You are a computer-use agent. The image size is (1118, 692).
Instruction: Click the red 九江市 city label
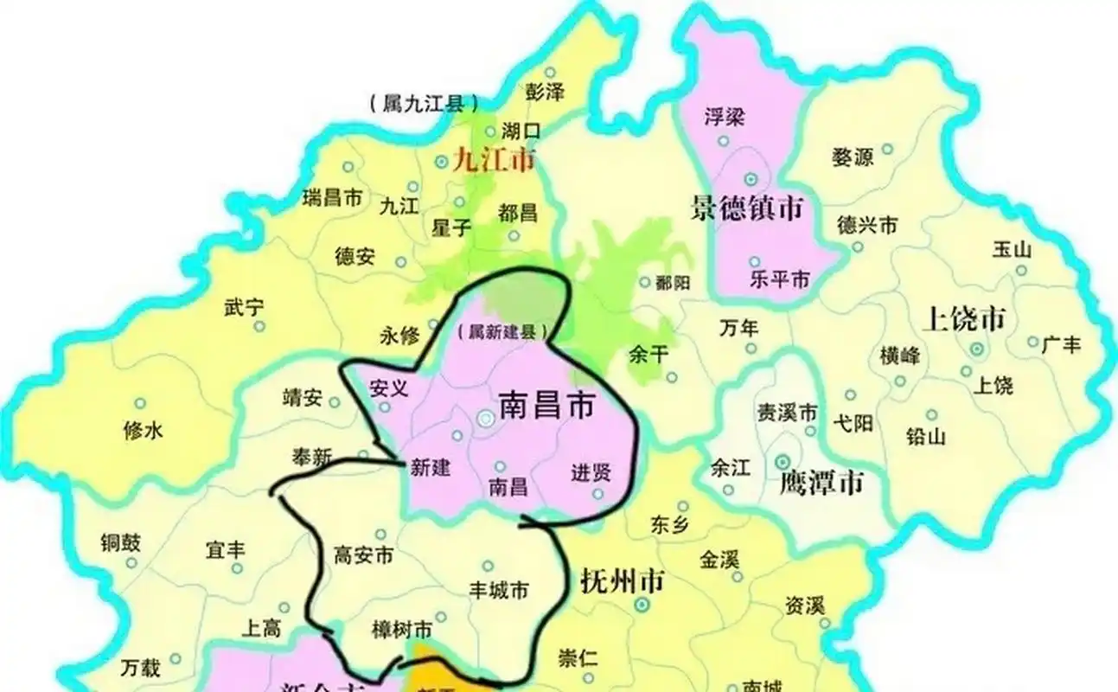point(494,160)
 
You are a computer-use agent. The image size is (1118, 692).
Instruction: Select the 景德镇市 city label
point(747,208)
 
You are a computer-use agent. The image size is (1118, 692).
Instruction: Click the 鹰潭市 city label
point(821,483)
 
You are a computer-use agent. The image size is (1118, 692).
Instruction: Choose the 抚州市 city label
point(623,580)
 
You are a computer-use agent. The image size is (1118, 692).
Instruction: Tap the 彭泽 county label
point(545,91)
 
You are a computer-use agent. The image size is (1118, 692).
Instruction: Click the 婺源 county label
point(852,157)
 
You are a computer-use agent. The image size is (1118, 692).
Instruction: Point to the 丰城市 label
point(498,591)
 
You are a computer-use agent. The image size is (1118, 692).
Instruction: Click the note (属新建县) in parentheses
point(503,332)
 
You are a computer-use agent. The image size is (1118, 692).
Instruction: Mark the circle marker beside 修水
point(139,404)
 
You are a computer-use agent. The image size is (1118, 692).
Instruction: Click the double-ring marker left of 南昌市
point(486,418)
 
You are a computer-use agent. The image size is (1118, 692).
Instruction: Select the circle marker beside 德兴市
point(857,247)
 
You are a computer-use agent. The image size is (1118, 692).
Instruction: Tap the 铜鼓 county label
point(120,542)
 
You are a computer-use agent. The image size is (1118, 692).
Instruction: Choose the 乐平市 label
point(779,280)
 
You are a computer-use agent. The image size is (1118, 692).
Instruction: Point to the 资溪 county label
point(804,605)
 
